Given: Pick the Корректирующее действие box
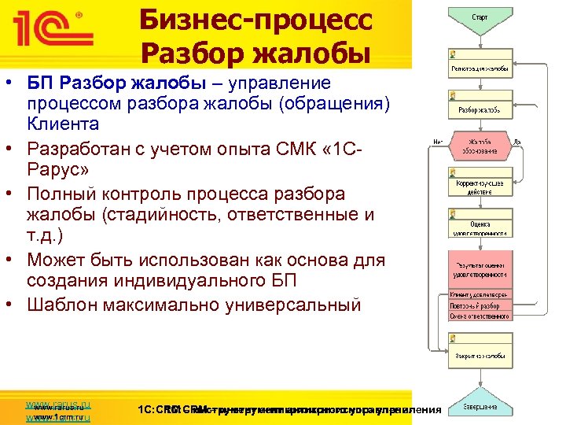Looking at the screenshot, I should [x=479, y=187].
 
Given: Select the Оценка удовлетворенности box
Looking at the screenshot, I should [x=479, y=227].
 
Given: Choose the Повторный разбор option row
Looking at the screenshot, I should [x=479, y=305].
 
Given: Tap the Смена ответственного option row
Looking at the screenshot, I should [x=479, y=316].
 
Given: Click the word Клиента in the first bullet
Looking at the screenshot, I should [x=63, y=124].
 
